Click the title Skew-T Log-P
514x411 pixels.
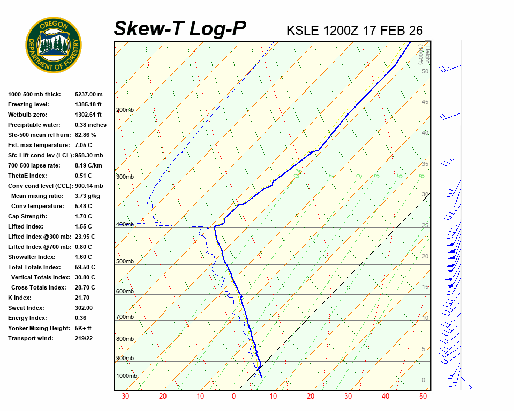point(180,28)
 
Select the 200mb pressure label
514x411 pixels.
point(125,110)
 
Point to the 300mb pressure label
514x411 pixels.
point(125,177)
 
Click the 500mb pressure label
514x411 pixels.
point(125,261)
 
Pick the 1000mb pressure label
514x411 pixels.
point(126,376)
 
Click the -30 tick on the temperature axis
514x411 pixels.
point(124,397)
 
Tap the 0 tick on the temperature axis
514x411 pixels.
point(233,397)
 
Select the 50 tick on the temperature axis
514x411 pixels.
point(423,397)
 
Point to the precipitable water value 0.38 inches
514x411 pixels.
point(90,125)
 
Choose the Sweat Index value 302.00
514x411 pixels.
point(84,308)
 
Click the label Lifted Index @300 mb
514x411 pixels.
point(37,237)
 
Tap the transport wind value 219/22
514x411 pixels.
point(84,338)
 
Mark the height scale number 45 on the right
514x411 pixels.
point(425,102)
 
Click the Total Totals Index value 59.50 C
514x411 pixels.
point(85,267)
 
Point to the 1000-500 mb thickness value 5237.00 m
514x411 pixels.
point(89,94)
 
